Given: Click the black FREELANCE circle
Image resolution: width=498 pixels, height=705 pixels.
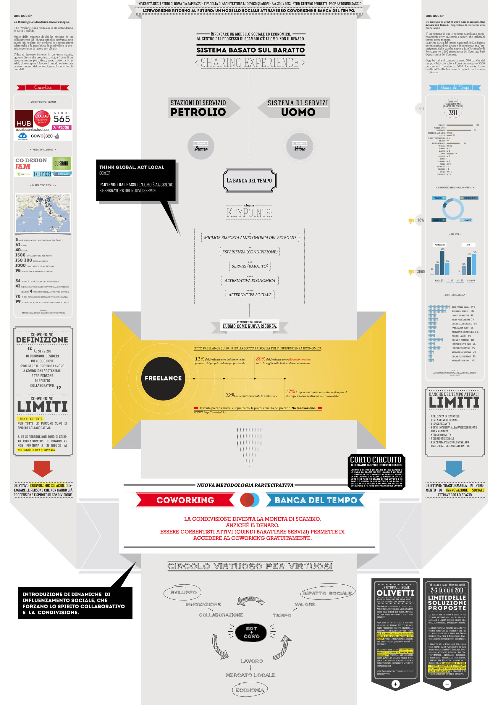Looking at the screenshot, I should [x=163, y=378].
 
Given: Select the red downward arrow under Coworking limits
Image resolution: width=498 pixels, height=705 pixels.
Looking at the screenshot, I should [x=43, y=468].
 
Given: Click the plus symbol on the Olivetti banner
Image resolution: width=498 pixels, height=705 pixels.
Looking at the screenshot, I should [x=395, y=684].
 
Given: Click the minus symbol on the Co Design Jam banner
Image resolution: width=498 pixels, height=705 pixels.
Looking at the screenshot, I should [x=447, y=684].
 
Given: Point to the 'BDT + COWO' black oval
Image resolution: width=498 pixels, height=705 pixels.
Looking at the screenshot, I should [x=251, y=633].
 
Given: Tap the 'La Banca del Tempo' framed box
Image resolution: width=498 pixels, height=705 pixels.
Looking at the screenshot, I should [x=249, y=181].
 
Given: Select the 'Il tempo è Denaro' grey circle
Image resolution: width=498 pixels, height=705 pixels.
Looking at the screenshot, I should [x=201, y=146].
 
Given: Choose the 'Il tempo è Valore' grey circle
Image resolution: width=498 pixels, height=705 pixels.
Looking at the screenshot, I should [x=300, y=146].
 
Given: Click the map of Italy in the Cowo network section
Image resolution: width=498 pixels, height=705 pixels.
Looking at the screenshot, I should [x=43, y=213].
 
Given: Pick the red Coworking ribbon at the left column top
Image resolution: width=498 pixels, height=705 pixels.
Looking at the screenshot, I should [x=43, y=88].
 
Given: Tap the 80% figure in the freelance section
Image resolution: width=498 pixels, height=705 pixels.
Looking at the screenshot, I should [x=260, y=359].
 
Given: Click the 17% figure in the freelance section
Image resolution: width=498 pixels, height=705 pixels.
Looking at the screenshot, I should [x=290, y=392].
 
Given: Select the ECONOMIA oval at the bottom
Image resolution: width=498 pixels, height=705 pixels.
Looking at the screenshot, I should [x=250, y=690].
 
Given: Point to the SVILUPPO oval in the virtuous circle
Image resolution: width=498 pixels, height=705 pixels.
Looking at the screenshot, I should [x=184, y=592].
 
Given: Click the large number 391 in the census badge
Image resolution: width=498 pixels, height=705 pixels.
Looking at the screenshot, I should [x=453, y=113].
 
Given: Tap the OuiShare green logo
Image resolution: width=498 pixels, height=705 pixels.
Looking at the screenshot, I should [x=62, y=164].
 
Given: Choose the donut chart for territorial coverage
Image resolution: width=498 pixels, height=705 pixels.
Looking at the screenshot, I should [x=453, y=209].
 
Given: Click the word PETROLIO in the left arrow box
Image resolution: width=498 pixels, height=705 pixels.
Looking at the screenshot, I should [x=198, y=112].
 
